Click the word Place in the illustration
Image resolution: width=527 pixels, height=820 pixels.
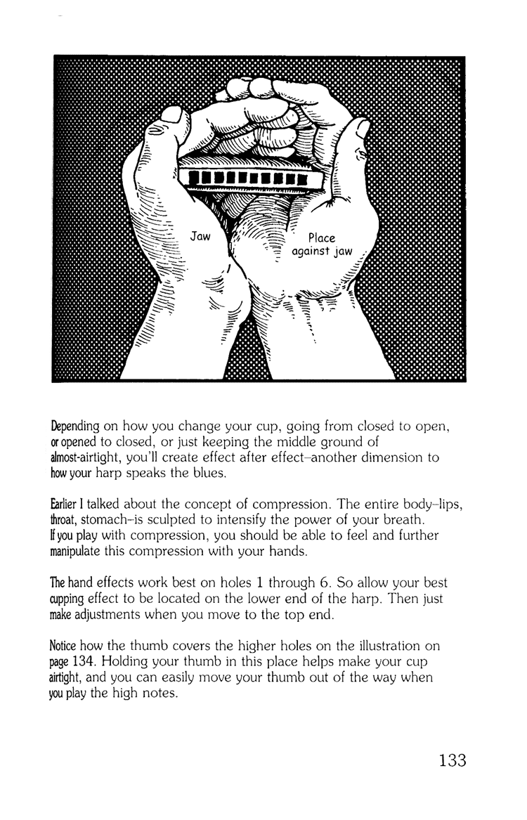(322, 238)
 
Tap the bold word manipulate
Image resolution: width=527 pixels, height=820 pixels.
(79, 550)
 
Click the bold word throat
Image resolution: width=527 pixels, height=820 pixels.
(66, 519)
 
